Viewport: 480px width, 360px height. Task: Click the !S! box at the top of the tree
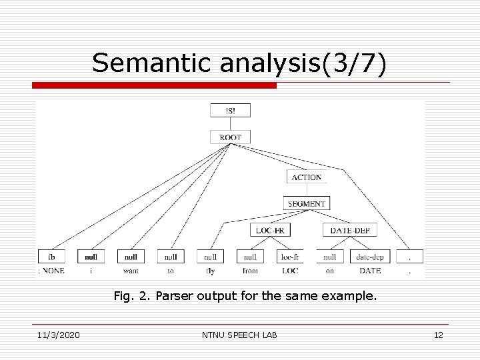230,110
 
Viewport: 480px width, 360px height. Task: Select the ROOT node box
230,137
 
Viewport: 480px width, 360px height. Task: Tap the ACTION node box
306,177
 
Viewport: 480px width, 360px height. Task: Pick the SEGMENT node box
306,203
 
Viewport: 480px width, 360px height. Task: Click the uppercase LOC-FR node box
270,230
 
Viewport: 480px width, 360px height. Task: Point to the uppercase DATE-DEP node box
351,230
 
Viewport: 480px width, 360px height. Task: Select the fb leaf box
51,256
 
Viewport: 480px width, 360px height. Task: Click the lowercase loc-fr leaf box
289,256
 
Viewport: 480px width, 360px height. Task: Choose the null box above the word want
131,256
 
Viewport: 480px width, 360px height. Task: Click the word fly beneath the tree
210,271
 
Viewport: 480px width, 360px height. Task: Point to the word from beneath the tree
250,271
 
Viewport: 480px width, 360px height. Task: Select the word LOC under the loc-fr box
289,271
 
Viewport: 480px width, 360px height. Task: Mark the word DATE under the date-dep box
370,271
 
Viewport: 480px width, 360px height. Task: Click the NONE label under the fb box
53,271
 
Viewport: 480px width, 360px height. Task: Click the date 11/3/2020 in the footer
57,335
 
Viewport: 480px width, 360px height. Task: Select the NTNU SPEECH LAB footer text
240,335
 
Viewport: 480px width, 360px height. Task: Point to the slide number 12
438,335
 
